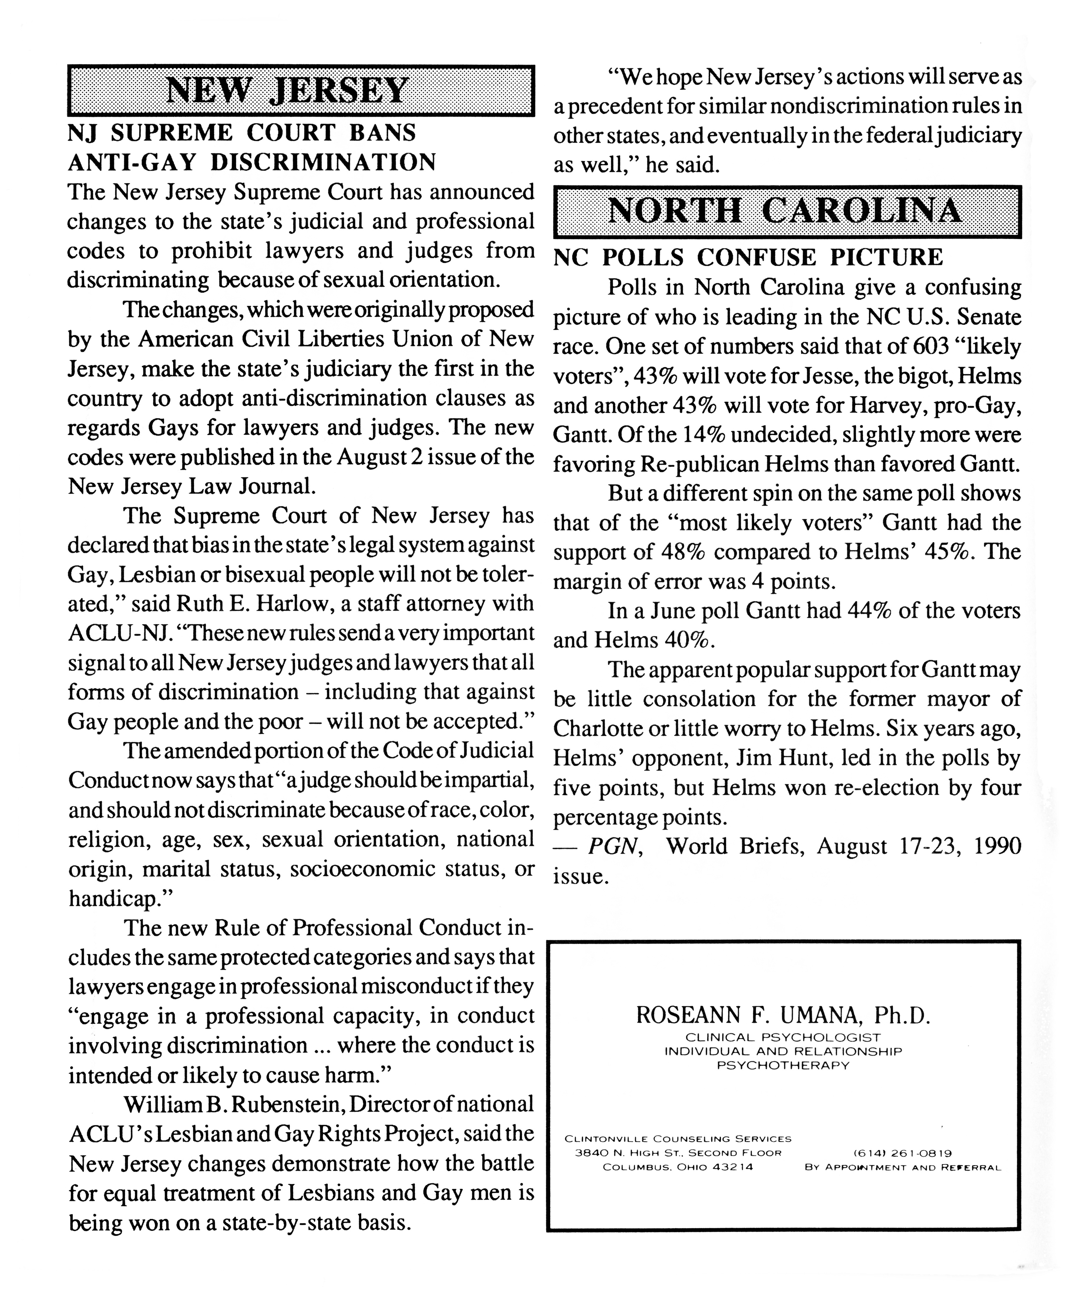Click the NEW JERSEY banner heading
287,91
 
